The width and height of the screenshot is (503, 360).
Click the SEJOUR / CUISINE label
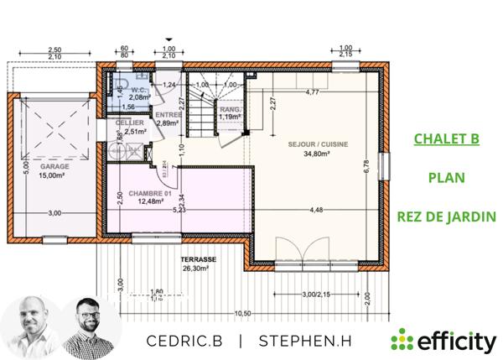coord(306,144)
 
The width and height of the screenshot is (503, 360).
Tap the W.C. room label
coord(139,91)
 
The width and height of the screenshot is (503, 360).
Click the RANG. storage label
coord(230,109)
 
